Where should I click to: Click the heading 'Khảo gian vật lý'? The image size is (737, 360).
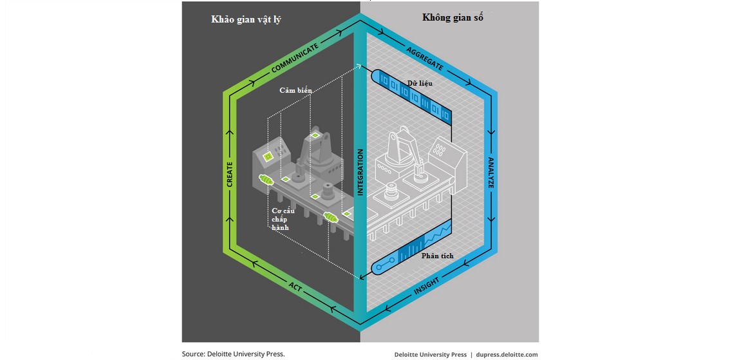tap(246, 19)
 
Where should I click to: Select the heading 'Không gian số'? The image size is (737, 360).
tap(452, 17)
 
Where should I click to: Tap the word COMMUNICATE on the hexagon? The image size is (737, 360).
tap(294, 59)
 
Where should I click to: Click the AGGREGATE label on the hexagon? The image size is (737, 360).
tap(425, 58)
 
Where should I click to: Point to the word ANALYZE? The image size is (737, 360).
tap(490, 173)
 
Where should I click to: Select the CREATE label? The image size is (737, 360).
tap(230, 174)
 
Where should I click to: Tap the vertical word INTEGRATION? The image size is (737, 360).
tap(360, 172)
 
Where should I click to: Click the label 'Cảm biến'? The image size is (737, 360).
tap(295, 91)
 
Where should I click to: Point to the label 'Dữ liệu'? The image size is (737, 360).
tap(420, 83)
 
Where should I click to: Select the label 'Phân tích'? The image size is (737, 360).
tap(437, 256)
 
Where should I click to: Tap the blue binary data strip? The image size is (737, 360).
tap(412, 97)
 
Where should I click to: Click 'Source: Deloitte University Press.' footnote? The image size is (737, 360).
tap(233, 354)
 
